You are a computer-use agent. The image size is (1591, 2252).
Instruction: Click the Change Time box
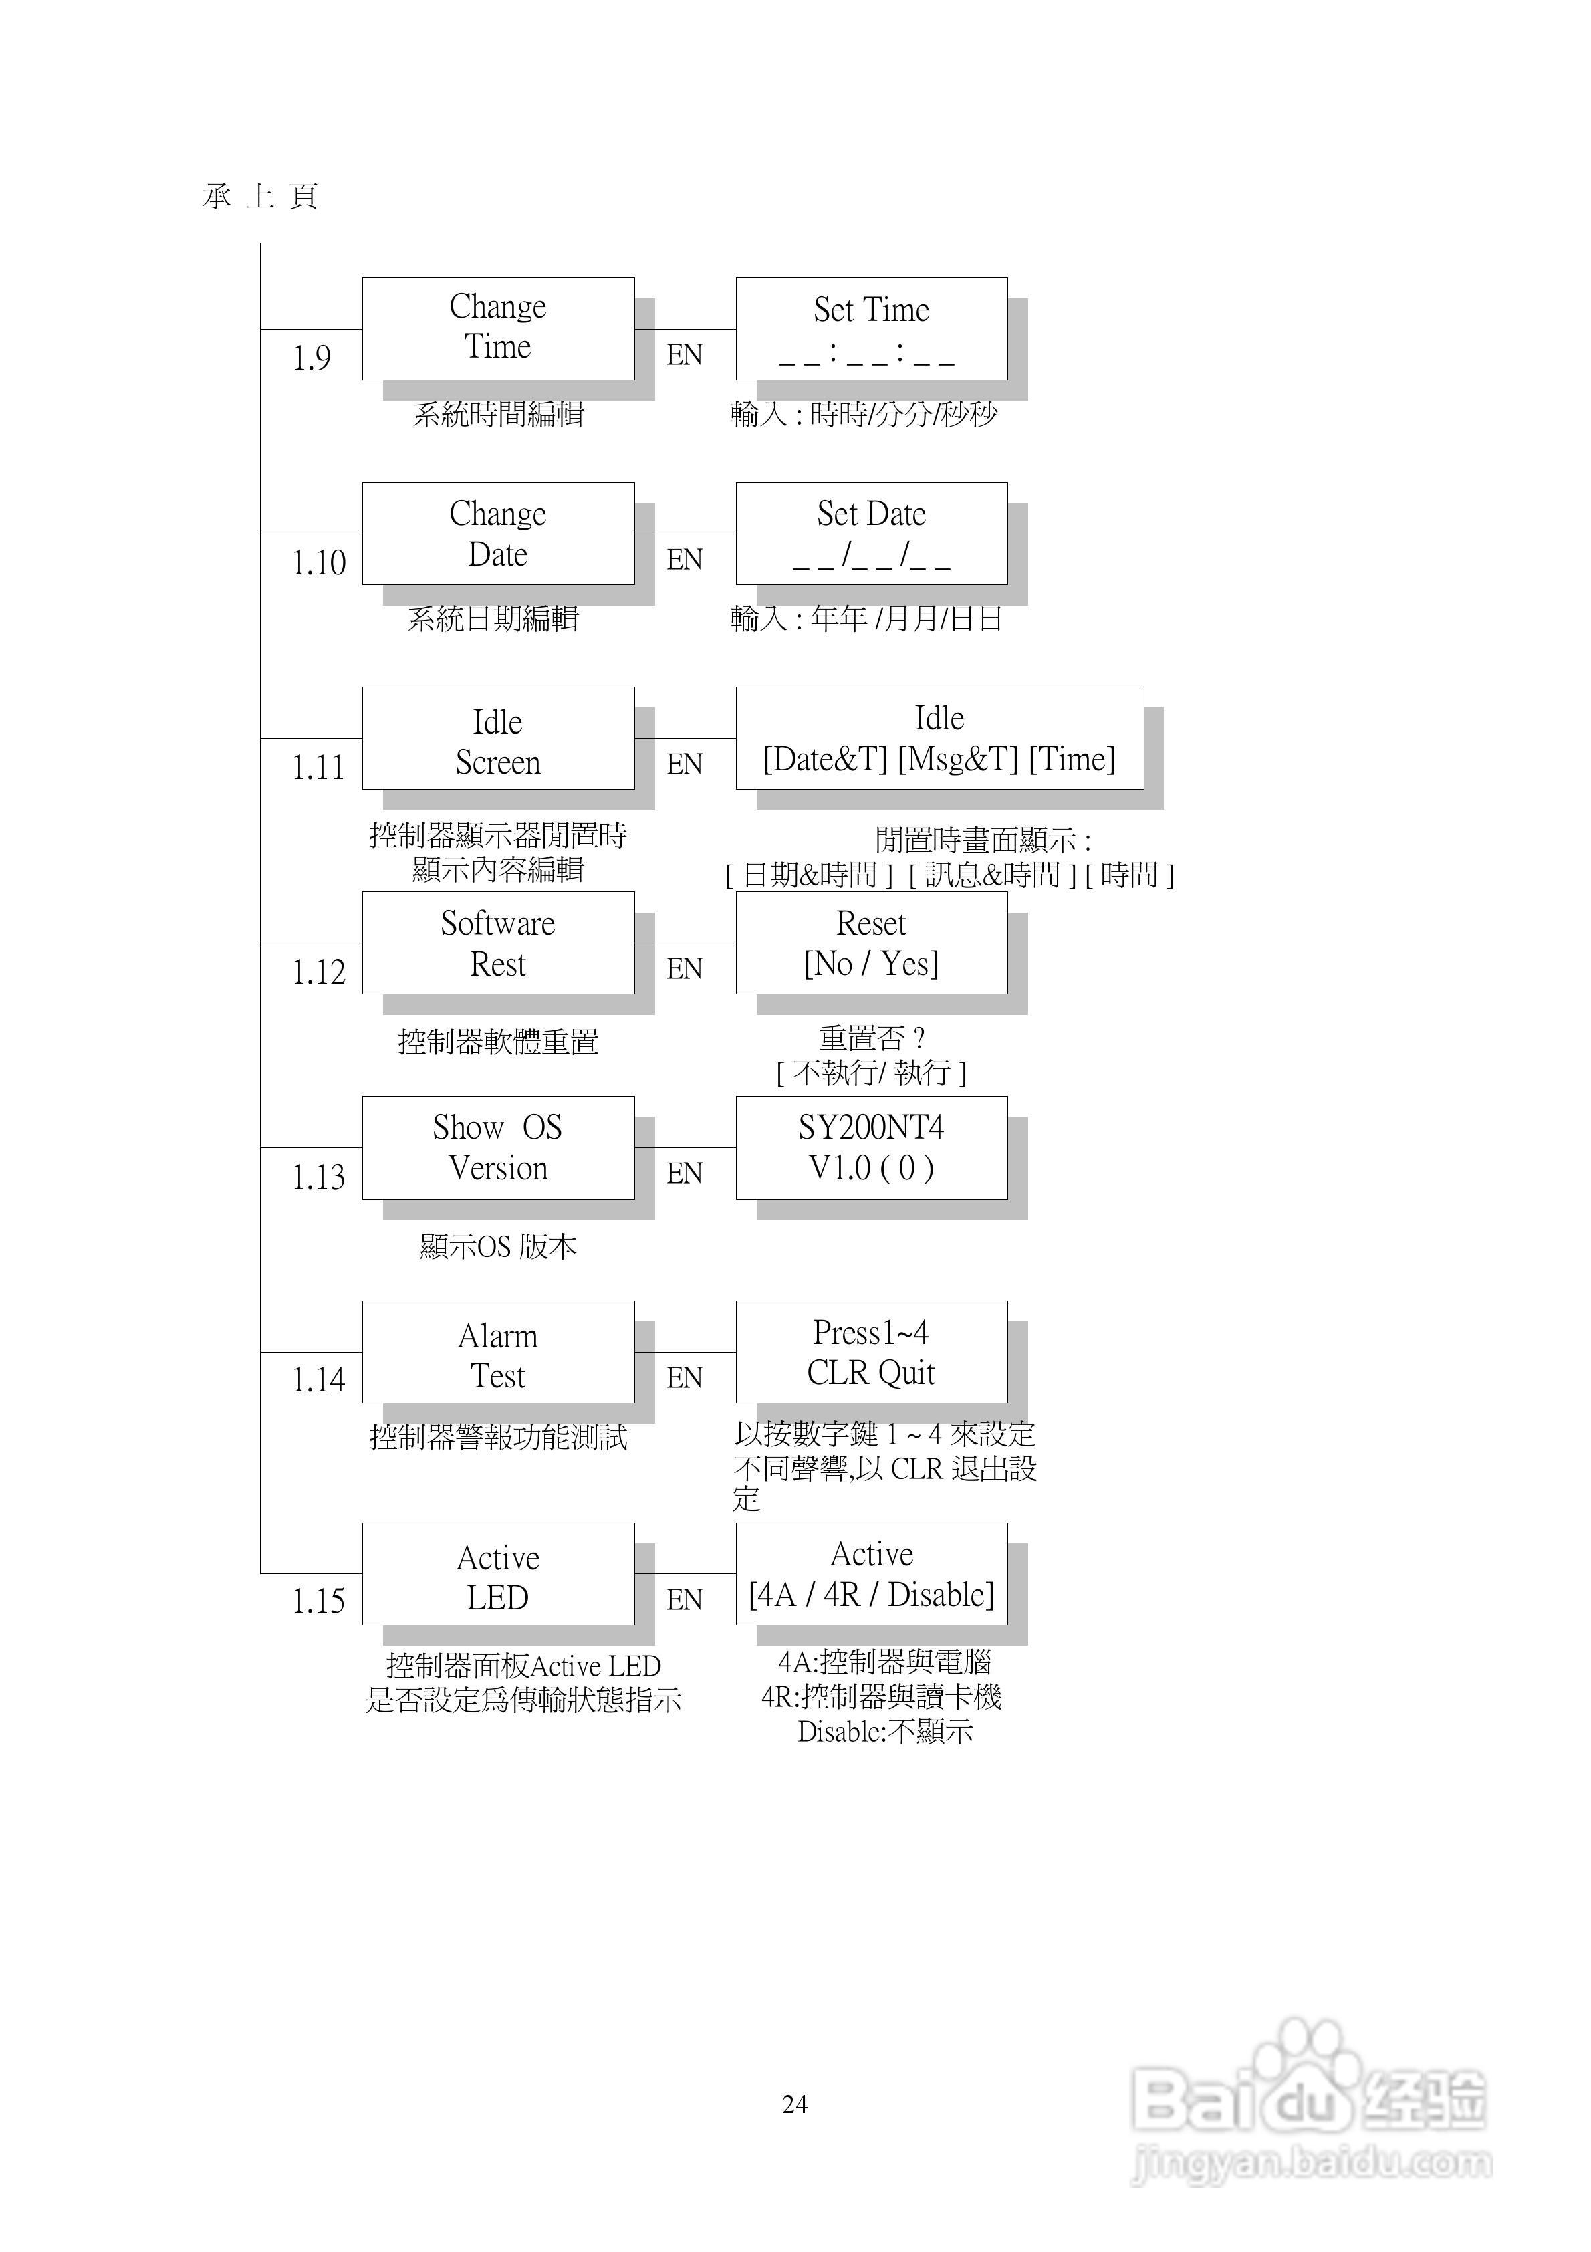(497, 328)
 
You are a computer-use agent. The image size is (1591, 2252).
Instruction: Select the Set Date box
(871, 533)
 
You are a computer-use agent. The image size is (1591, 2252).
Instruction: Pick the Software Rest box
(497, 943)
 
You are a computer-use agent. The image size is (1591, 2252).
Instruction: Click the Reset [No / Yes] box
(871, 943)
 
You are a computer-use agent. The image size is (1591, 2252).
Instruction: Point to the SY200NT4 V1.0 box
(871, 1147)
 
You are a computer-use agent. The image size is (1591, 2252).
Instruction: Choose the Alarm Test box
(497, 1351)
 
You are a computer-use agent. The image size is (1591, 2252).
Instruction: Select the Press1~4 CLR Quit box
(871, 1351)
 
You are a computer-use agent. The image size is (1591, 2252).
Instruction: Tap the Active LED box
(497, 1573)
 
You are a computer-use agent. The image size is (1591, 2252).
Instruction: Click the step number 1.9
(312, 358)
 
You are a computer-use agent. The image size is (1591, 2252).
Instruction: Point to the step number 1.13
(319, 1176)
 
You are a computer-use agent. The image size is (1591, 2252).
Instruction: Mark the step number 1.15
(319, 1601)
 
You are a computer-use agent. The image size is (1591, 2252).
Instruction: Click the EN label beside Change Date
(685, 560)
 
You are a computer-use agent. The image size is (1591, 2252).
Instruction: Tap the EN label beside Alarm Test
(685, 1378)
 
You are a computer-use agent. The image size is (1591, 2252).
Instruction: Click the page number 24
(795, 2104)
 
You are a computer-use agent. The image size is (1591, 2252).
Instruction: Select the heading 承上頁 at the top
(260, 196)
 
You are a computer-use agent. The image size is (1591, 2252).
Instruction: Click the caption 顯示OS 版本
(497, 1246)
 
